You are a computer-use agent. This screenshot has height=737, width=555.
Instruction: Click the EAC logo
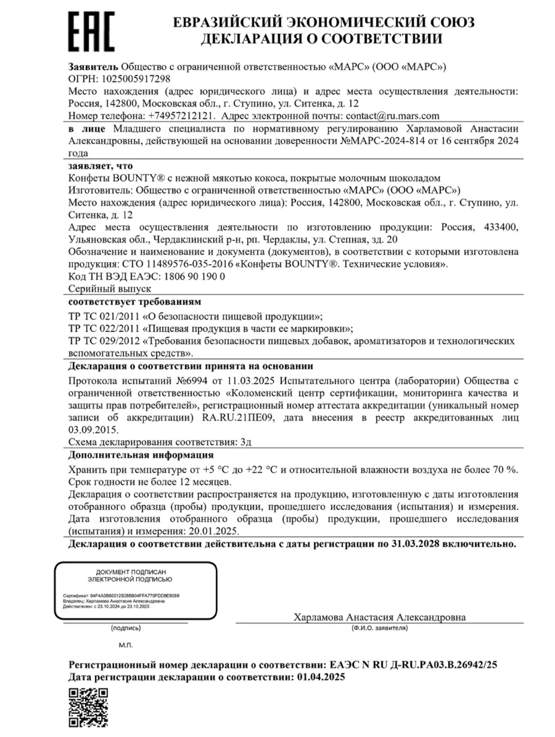coord(91,31)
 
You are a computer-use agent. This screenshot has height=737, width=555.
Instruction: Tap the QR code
coord(88,708)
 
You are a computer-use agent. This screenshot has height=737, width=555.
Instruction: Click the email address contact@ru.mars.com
coord(392,116)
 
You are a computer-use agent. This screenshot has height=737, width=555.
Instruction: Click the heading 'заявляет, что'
coord(101,166)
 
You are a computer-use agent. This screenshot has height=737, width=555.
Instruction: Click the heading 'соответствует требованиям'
coord(135,302)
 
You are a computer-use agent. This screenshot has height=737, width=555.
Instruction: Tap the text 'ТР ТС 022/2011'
coord(104,328)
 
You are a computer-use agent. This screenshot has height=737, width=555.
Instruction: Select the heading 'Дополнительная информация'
coord(141,455)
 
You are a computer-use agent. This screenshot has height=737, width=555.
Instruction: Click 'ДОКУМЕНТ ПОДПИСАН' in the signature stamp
coord(131,572)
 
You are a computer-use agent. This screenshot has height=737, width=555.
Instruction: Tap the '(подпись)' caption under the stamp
coord(126,628)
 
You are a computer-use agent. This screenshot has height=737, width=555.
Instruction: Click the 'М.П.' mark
coord(126,645)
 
